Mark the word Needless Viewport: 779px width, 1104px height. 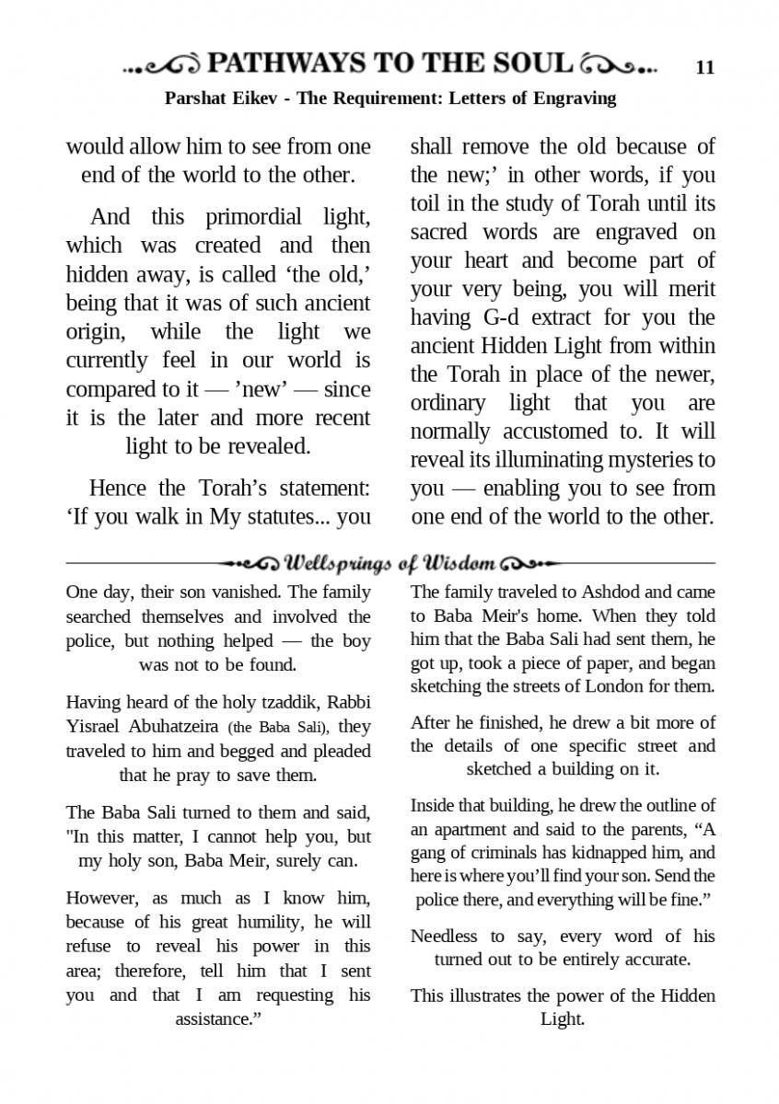pyautogui.click(x=444, y=937)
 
